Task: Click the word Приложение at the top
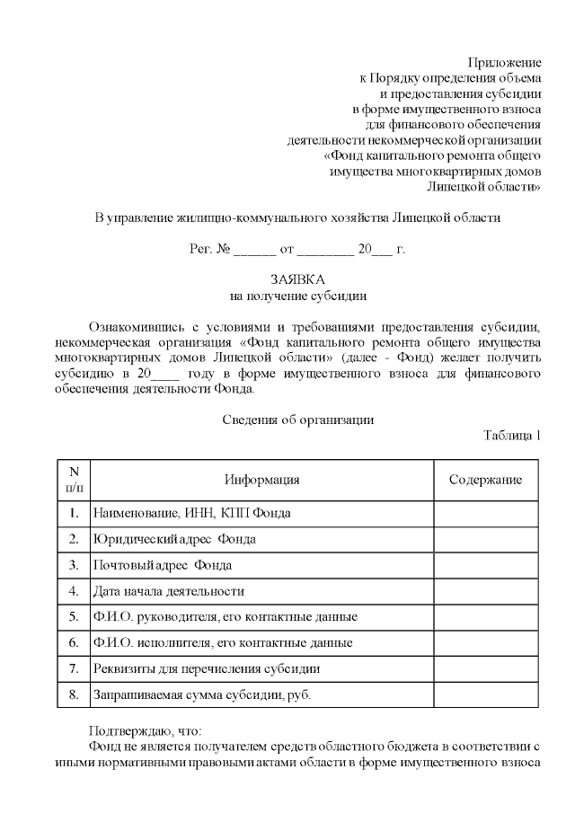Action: (504, 62)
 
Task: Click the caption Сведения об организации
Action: (296, 420)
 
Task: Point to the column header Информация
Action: (262, 480)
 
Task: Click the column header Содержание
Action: (485, 480)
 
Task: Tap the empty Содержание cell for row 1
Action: (485, 513)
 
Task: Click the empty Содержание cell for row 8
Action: (485, 695)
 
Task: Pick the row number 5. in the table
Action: (74, 617)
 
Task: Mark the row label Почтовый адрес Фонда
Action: (162, 565)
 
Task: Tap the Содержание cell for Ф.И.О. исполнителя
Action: (485, 643)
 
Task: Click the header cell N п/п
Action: (74, 480)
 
